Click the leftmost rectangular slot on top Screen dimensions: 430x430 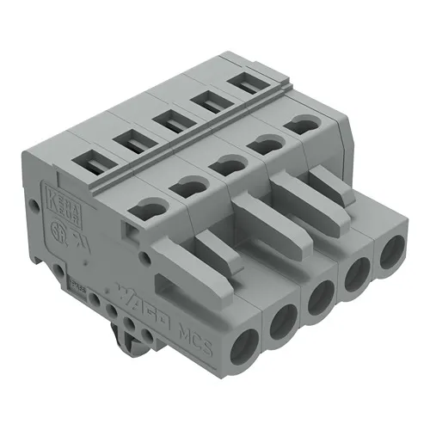pyautogui.click(x=89, y=158)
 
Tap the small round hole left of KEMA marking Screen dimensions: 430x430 pyautogui.click(x=34, y=207)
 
